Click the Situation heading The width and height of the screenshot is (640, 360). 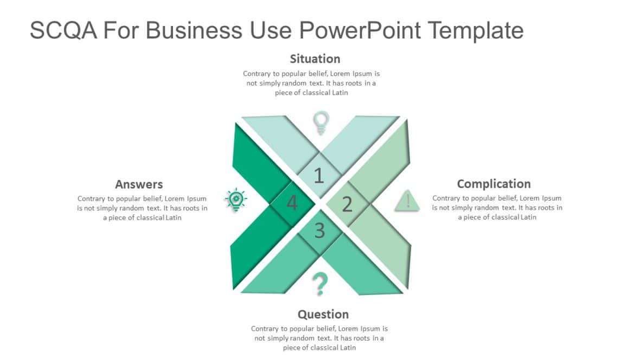[315, 59]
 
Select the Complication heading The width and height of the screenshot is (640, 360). [494, 184]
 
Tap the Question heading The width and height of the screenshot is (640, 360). [323, 314]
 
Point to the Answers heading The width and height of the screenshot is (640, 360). [139, 184]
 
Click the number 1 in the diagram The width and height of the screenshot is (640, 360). [319, 176]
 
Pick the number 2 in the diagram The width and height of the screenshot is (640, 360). [347, 204]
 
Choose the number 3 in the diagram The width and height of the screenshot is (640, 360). [319, 231]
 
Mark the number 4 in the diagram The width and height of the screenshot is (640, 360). [292, 204]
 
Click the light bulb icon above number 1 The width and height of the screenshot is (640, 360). [322, 123]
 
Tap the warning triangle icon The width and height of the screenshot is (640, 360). [407, 200]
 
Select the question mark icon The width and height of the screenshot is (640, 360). [321, 284]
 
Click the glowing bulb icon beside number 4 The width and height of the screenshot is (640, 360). [236, 200]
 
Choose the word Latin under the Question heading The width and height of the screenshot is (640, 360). [348, 348]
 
